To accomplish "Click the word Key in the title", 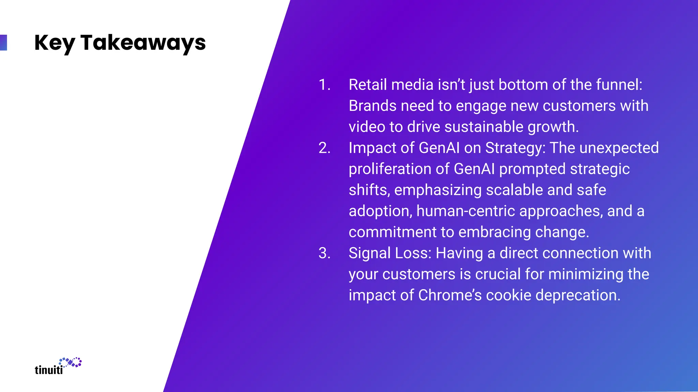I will [x=54, y=43].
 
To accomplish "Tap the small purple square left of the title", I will [x=3, y=43].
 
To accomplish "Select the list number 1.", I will [x=324, y=85].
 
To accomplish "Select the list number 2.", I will [x=324, y=148].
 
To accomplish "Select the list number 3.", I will [x=324, y=253].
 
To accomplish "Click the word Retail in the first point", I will [x=367, y=85].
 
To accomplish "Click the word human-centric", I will [x=466, y=211].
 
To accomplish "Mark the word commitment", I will [x=392, y=232].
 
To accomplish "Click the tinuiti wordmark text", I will [x=49, y=370].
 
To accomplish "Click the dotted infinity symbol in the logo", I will [x=71, y=362].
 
